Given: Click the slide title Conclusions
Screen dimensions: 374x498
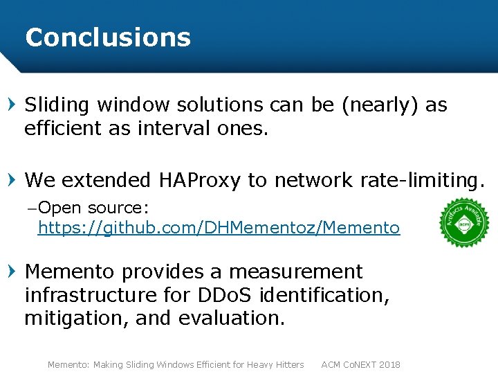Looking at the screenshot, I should pyautogui.click(x=108, y=37).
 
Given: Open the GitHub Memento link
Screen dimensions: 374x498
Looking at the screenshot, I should pyautogui.click(x=219, y=228).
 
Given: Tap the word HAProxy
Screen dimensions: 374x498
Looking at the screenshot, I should pyautogui.click(x=200, y=180).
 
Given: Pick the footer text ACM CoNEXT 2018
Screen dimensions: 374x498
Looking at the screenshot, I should pyautogui.click(x=360, y=364).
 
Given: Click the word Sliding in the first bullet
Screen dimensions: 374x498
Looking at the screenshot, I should pyautogui.click(x=57, y=105).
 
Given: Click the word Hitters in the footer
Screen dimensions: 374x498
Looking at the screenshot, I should pyautogui.click(x=287, y=364).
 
